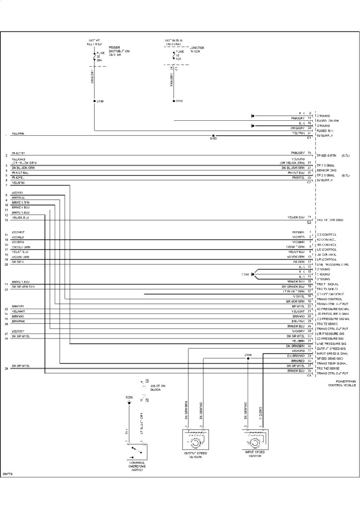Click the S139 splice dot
[94, 101]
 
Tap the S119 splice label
[180, 101]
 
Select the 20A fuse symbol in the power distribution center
[94, 56]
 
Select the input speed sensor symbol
[255, 440]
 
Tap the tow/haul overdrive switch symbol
[135, 451]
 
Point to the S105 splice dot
[248, 358]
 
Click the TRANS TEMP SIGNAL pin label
[331, 363]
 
